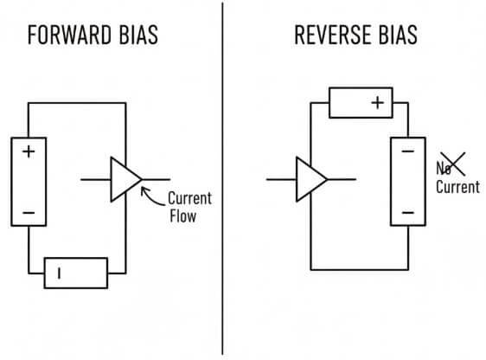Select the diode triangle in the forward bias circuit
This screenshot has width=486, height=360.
pos(125,180)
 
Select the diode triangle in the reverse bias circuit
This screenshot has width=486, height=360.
pos(310,179)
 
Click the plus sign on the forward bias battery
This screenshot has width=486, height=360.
pos(29,152)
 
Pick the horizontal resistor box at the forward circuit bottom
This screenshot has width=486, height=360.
pos(76,273)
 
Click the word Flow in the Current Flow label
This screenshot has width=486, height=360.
pos(182,216)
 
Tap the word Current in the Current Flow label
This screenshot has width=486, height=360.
pos(189,198)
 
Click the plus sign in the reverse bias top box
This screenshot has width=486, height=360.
pos(377,103)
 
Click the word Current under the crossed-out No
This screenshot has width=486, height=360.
pos(457,187)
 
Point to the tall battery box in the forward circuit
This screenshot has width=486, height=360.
pos(29,181)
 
